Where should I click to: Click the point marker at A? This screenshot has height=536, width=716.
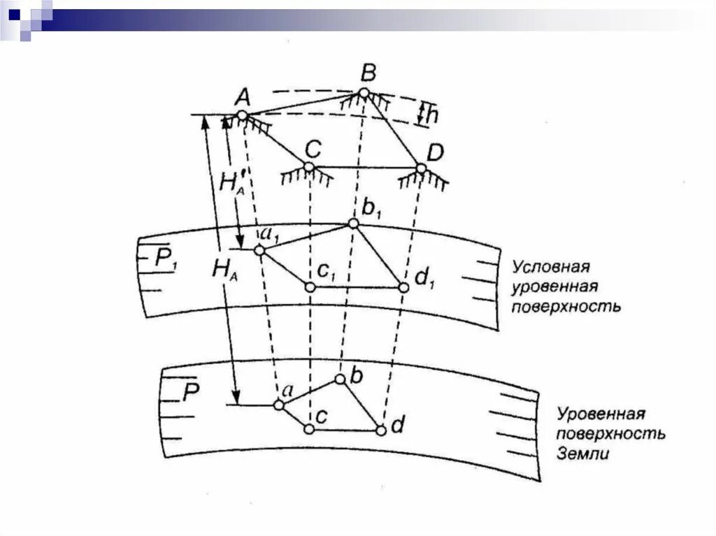point(242,115)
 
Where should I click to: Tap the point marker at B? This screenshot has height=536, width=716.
point(364,93)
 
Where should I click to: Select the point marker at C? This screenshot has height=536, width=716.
point(309,167)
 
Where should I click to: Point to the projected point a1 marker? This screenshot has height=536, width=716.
point(259,249)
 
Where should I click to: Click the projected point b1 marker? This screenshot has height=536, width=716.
point(354,224)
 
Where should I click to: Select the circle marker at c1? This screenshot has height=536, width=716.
point(309,286)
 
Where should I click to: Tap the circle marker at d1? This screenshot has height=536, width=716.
point(403,287)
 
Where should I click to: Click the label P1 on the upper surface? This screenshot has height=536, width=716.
point(166,259)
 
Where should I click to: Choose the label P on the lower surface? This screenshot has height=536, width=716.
point(192,393)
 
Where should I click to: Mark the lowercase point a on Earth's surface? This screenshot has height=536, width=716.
point(278,405)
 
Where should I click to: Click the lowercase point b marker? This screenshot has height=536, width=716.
point(340,379)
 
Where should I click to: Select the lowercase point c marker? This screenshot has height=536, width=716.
point(308,428)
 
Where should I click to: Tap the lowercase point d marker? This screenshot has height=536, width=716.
point(381,430)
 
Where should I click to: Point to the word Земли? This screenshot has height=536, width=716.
point(584,454)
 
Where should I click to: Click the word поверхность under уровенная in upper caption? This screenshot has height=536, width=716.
point(566,307)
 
